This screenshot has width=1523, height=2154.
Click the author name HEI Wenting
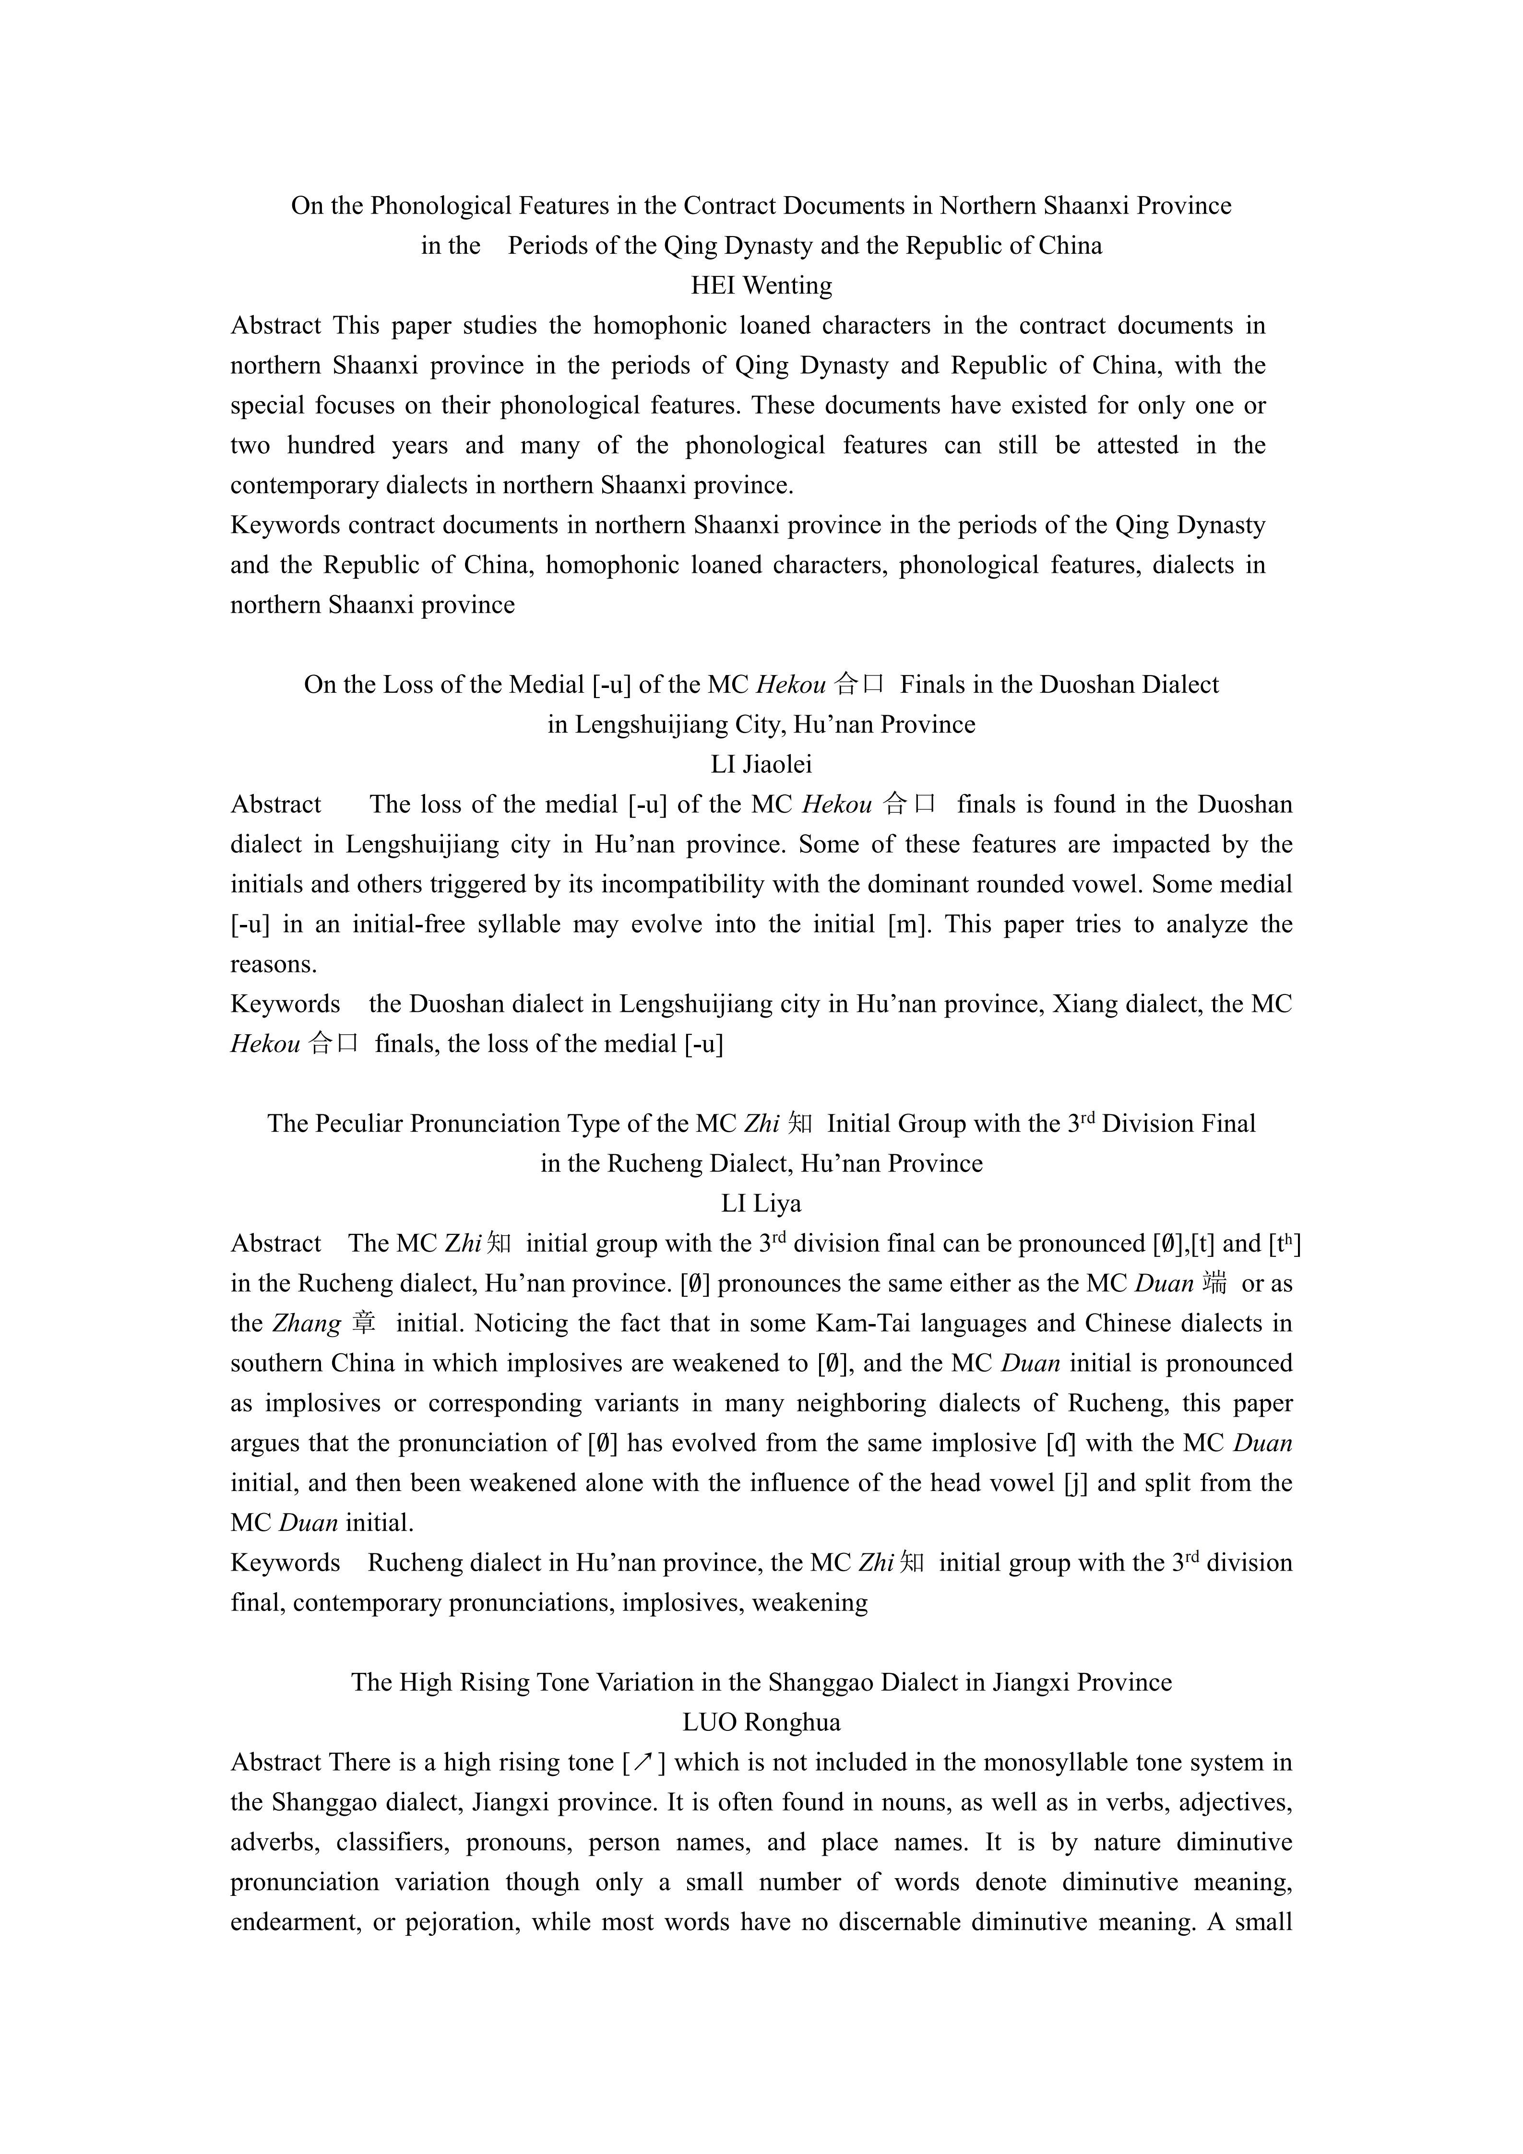pos(761,285)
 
